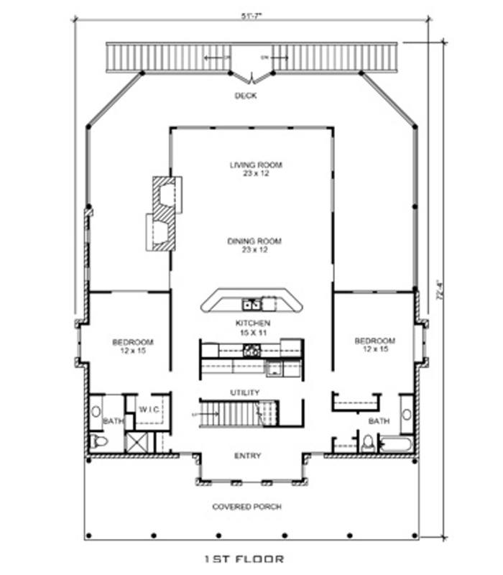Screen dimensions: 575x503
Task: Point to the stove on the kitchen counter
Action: click(x=251, y=351)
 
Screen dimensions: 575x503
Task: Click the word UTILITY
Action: click(x=245, y=392)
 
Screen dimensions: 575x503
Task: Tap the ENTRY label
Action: click(x=248, y=456)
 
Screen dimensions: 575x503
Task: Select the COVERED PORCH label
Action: click(x=246, y=507)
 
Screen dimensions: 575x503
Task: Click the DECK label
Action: click(x=246, y=96)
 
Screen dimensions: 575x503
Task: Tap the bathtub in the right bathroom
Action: click(x=395, y=443)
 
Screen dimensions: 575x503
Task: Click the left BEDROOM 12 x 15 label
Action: click(x=132, y=346)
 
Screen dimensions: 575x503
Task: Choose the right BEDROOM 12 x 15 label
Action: click(x=374, y=345)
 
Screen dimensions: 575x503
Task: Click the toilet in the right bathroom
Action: click(x=367, y=442)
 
